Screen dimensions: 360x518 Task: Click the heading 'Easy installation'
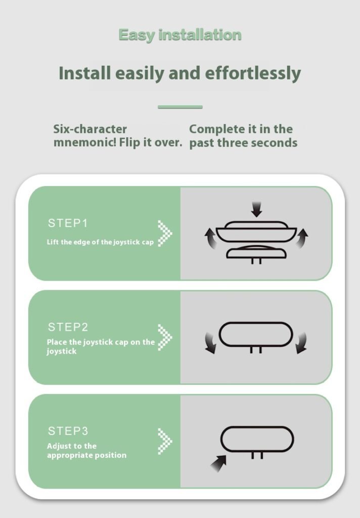180,35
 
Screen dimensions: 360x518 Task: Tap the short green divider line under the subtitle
180,107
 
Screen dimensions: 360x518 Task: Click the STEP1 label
68,223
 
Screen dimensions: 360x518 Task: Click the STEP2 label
68,327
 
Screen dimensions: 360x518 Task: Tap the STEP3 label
68,431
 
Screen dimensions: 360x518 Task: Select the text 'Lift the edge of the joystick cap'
100,242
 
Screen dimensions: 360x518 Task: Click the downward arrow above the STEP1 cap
256,209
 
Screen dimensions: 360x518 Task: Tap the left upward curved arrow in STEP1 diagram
211,238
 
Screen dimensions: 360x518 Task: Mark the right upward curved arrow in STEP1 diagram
301,238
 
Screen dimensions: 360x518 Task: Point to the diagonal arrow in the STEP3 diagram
218,463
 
